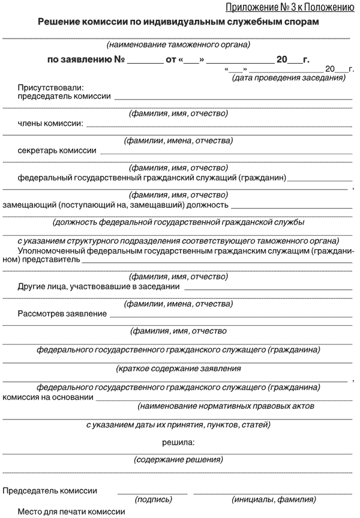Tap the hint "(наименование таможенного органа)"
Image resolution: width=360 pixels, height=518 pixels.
click(x=178, y=44)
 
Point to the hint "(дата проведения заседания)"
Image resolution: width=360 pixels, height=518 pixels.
click(x=289, y=78)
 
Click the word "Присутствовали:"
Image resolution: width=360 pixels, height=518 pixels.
click(x=50, y=88)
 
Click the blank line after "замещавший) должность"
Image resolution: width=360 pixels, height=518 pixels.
click(x=292, y=207)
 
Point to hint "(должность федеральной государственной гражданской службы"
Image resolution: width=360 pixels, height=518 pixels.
click(x=178, y=222)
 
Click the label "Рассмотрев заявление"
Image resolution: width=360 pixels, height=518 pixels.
click(x=62, y=313)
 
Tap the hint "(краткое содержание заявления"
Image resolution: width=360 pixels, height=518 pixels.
click(x=178, y=368)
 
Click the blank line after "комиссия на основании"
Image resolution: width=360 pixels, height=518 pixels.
click(x=224, y=398)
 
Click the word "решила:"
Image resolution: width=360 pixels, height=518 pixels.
click(x=178, y=442)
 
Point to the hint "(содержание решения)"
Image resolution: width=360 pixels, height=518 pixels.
click(x=178, y=460)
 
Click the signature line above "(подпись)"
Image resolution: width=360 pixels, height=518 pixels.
click(x=152, y=493)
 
